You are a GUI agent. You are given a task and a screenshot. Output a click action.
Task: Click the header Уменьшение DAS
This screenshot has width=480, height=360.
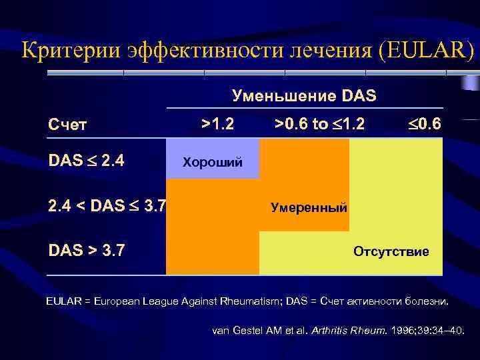pos(304,96)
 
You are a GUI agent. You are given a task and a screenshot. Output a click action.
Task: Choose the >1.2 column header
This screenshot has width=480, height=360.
pos(217,123)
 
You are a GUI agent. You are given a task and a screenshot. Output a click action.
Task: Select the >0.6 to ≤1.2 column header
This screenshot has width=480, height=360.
pos(319,123)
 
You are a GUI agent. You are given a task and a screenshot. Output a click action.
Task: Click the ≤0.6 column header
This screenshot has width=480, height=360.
pos(423,123)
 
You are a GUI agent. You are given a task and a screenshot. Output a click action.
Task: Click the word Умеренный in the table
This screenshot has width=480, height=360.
pos(309,207)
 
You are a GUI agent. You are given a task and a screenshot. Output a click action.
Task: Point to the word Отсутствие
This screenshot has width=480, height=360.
pos(391,252)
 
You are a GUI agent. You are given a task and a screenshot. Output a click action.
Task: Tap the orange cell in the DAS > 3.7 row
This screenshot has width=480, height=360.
pos(212,253)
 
